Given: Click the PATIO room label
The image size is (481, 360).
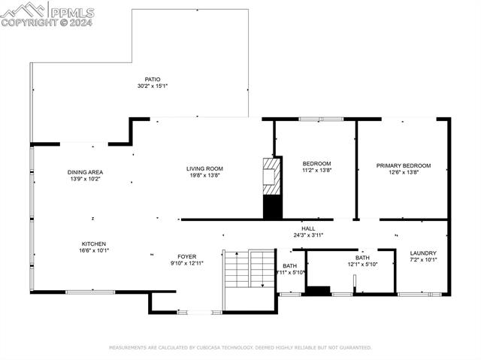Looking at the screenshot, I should coord(152,79).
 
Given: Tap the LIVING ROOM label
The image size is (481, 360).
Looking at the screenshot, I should coord(204,168).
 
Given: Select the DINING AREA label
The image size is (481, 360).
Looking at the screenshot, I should coord(84,172).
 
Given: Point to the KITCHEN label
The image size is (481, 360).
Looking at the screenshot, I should coord(94,244).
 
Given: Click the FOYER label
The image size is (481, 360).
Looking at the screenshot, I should coord(186,256).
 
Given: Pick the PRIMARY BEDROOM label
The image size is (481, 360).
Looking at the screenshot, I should coord(404,165).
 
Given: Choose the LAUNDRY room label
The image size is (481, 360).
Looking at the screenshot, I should coord(423,253).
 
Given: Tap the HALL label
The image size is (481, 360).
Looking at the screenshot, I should coord(308,228).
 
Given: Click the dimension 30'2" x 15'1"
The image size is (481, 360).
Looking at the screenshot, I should coord(152,86).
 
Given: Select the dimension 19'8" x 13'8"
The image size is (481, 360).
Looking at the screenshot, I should coord(204,176).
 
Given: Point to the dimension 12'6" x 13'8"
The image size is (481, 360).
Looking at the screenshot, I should coord(404,173).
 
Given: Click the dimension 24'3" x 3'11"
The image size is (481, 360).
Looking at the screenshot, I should coord(308,235).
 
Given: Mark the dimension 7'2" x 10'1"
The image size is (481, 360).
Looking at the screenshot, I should coord(423,260).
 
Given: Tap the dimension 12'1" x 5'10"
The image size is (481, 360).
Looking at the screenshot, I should coord(362,265).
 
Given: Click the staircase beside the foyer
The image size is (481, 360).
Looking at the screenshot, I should coord(250,271).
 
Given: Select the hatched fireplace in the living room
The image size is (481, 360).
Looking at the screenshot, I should coord(271,177).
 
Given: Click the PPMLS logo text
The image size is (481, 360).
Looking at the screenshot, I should coord(71,11).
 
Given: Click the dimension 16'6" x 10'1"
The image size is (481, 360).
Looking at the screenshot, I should coord(94,251).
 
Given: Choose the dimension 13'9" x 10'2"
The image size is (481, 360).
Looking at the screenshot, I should coord(84,179).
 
